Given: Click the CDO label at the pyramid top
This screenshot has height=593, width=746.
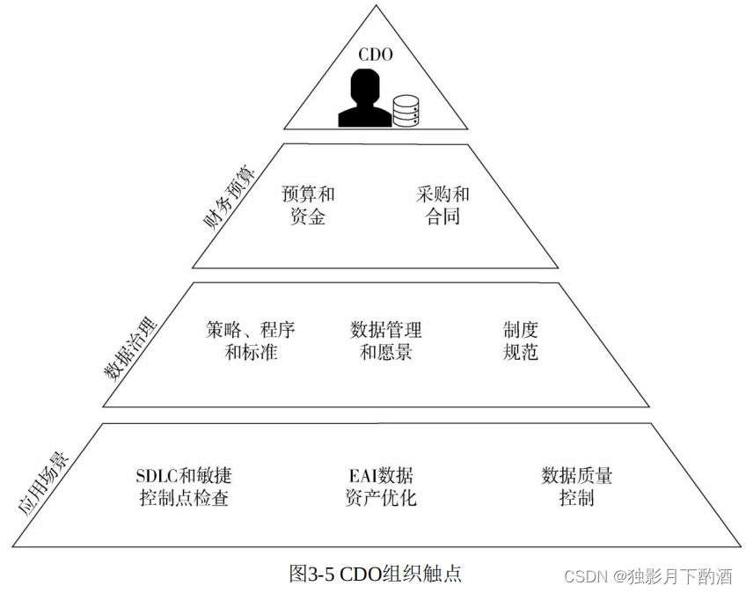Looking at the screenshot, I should click(374, 55).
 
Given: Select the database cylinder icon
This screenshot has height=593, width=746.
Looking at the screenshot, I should click(406, 109).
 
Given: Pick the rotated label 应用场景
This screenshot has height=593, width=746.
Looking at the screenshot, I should click(43, 483).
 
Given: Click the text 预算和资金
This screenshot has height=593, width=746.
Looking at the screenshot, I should click(308, 205).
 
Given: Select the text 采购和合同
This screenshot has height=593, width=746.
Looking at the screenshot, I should click(442, 205).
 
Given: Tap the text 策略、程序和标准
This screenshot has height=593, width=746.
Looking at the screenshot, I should click(251, 341).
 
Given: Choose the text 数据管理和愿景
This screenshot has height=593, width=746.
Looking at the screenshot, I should click(386, 341).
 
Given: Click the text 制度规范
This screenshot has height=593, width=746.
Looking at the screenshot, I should click(520, 341).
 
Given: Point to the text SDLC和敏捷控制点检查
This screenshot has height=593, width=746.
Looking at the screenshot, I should click(184, 487).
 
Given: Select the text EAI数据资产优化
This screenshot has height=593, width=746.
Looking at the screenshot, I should click(381, 487).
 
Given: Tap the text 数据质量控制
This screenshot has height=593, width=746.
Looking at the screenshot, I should click(576, 487).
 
